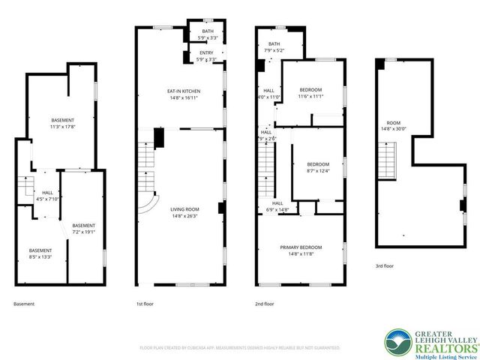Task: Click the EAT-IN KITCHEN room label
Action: [x=183, y=91]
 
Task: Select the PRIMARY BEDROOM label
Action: [x=301, y=247]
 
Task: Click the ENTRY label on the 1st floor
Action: [x=206, y=52]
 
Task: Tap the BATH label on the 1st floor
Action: [x=206, y=31]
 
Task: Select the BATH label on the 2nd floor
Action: [x=274, y=44]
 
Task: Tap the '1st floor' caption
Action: [x=145, y=304]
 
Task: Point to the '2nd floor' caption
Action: [x=264, y=304]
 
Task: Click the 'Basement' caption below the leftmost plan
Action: [x=24, y=304]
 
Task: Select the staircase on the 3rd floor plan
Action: [x=388, y=157]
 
